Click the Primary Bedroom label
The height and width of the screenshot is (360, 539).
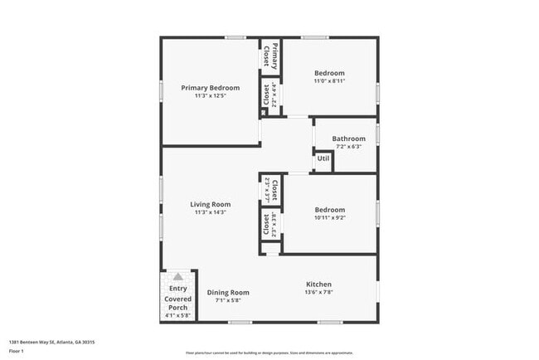211,88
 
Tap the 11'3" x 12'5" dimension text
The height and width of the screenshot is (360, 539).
211,96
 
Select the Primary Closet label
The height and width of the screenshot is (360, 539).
270,55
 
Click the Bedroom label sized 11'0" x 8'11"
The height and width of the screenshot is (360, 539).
330,73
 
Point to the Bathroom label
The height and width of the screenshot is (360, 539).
348,139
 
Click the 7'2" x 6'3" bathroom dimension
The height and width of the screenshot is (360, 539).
348,147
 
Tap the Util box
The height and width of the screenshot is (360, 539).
323,158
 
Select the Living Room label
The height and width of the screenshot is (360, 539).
210,204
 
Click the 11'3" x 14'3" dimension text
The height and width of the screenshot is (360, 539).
210,212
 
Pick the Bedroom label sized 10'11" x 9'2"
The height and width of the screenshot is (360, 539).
330,210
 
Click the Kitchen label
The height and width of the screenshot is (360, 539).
319,284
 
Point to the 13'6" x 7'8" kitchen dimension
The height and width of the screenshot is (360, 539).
319,292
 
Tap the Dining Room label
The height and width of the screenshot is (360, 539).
228,292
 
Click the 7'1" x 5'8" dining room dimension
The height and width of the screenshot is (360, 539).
228,300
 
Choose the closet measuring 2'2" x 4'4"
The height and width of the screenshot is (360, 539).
270,96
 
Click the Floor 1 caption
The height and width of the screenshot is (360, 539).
17,351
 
